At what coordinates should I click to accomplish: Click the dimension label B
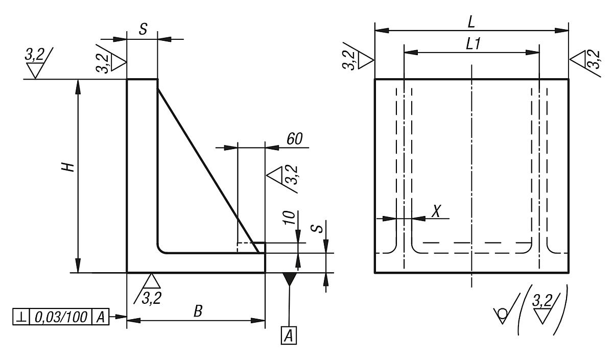click(x=196, y=311)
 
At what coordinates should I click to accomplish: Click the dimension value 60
click(x=295, y=139)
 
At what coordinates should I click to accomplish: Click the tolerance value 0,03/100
click(x=61, y=317)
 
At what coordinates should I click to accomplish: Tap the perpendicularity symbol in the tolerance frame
click(x=22, y=317)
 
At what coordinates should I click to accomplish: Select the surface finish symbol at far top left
click(x=36, y=64)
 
